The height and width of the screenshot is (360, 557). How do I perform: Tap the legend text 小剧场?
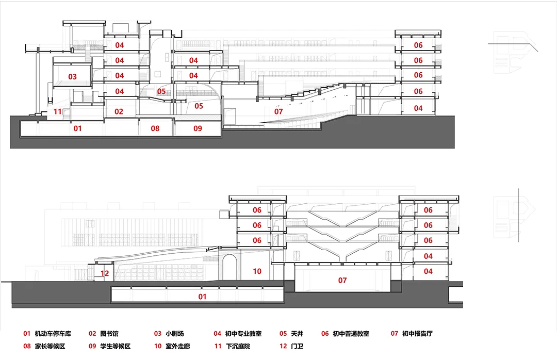tap(176, 334)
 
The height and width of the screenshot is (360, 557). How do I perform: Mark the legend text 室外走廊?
tap(178, 346)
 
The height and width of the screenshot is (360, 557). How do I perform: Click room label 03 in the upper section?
tap(72, 77)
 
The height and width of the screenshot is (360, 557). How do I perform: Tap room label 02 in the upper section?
tap(119, 111)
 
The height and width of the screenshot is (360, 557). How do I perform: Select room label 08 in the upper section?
tap(155, 128)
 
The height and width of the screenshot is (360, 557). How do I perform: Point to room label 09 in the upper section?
tap(198, 128)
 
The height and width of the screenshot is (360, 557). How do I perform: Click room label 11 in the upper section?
tap(57, 111)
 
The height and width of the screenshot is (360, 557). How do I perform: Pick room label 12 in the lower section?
tap(105, 273)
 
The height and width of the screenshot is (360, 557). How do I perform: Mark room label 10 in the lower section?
tap(257, 271)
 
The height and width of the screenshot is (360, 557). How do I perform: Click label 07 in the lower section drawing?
tap(342, 281)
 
